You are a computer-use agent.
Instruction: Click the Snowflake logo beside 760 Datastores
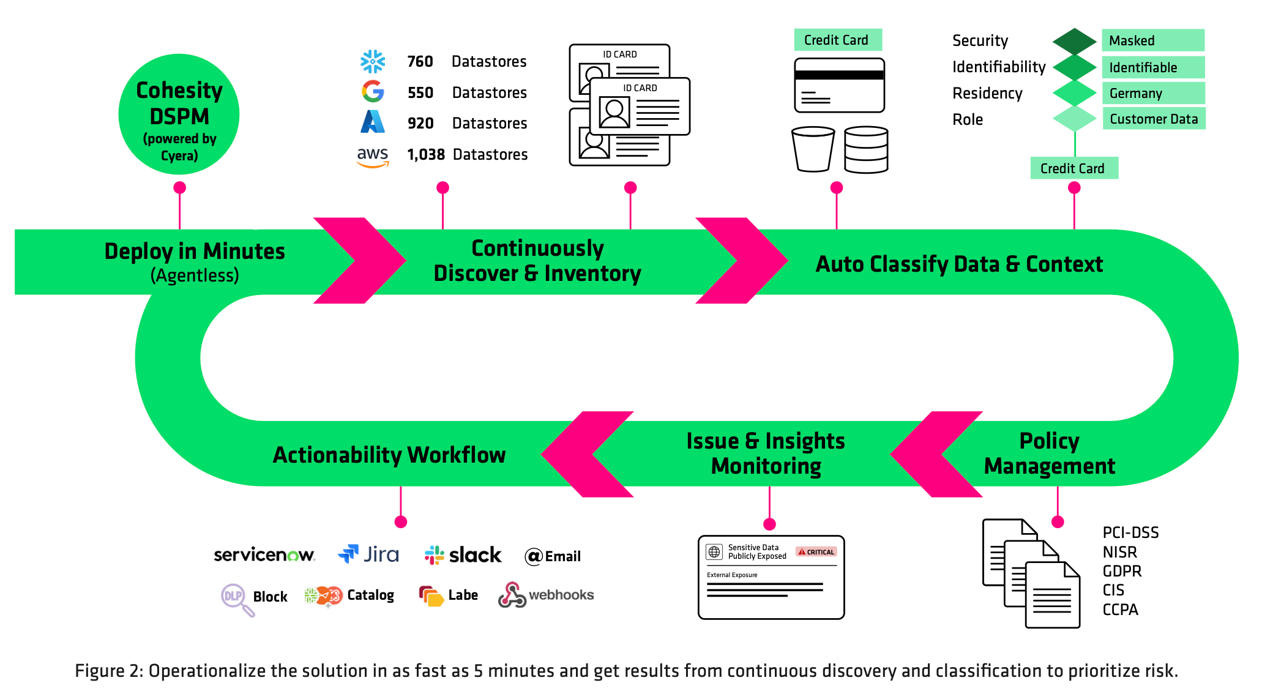[372, 62]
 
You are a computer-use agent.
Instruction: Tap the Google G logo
[372, 92]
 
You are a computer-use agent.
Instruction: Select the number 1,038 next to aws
[426, 155]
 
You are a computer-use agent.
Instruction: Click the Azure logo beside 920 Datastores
[372, 122]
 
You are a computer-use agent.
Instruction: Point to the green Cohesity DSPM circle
[179, 114]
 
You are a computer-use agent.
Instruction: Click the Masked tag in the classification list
[1152, 40]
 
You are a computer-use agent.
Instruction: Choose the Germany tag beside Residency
[1152, 93]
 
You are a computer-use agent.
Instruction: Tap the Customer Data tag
[1153, 119]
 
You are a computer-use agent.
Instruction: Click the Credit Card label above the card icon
[837, 40]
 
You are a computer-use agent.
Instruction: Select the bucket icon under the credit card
[813, 149]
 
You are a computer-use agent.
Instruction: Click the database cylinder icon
[866, 150]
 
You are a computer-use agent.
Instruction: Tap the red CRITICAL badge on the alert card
[816, 552]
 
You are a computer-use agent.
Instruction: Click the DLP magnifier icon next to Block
[236, 598]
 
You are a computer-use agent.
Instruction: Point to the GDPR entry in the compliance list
[1122, 571]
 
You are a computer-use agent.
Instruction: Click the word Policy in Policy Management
[1049, 441]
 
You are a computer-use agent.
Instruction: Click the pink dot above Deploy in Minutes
[179, 187]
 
